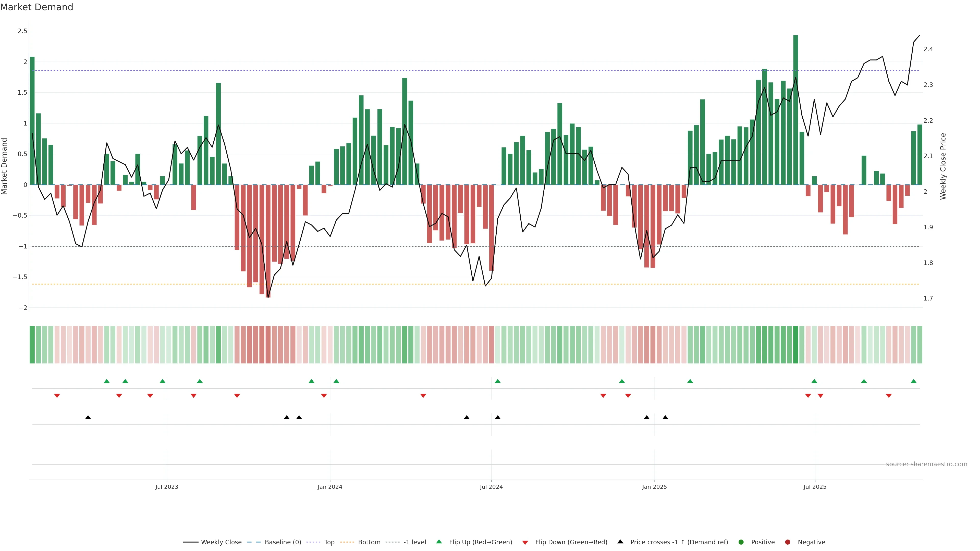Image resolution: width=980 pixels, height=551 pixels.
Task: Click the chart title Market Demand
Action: [x=36, y=7]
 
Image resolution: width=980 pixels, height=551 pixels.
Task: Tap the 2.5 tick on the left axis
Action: [x=22, y=31]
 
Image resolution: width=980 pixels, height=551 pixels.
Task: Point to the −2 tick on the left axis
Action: [x=22, y=308]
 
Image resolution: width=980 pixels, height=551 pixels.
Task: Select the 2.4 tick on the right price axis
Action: [x=928, y=49]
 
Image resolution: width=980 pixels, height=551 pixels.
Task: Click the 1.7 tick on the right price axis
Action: [x=928, y=298]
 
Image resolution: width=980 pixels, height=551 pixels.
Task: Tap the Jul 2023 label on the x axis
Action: [x=167, y=487]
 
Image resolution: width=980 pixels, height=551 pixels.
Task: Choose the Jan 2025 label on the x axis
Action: [x=654, y=487]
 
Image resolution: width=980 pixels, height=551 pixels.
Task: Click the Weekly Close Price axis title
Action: [x=943, y=166]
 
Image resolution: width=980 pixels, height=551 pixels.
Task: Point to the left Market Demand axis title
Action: [x=5, y=166]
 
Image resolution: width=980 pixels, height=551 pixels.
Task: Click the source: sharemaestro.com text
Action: [x=926, y=464]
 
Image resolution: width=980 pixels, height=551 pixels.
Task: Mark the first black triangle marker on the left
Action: [x=88, y=418]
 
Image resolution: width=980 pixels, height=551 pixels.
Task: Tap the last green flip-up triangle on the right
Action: [x=913, y=381]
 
